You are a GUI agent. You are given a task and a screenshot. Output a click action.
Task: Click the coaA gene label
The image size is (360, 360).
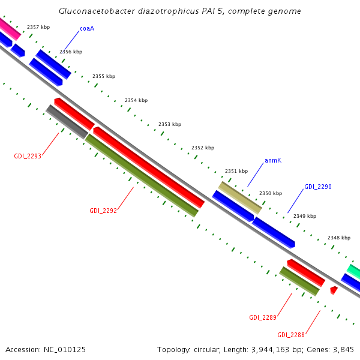87,28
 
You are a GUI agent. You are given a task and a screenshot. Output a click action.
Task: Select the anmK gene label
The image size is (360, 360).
273,161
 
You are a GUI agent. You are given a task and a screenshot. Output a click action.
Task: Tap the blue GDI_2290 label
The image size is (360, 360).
317,187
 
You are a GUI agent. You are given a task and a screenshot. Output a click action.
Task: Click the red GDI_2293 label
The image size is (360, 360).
28,157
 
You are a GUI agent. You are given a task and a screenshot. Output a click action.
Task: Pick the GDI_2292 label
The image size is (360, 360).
103,211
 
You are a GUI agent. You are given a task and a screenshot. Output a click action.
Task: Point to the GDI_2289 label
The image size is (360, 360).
263,317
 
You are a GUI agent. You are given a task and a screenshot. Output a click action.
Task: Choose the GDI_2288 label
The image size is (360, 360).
291,335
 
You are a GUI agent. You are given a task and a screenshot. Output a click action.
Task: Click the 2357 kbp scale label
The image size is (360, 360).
38,28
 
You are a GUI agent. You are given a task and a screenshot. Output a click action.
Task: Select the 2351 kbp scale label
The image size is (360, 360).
236,171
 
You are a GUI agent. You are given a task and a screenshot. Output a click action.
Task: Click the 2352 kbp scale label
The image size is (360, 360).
203,148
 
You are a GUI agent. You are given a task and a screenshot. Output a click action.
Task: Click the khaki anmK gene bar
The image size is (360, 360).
240,198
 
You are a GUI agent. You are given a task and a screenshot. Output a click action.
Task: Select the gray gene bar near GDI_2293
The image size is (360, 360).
67,121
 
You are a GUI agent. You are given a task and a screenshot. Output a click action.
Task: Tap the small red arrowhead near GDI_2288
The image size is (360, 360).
334,290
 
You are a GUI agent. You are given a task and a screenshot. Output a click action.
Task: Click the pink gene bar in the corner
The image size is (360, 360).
10,29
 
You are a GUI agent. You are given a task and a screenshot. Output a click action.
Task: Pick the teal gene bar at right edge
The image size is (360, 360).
354,272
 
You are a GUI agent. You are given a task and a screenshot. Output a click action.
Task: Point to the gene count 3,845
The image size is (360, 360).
341,349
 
